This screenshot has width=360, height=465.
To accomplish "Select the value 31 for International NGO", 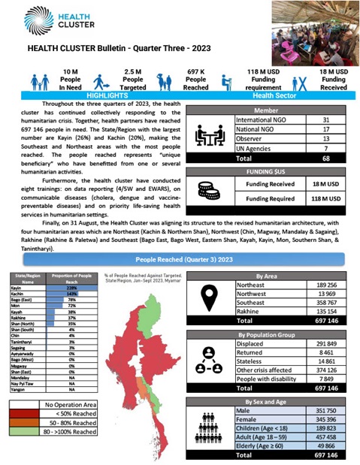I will tap(325, 119).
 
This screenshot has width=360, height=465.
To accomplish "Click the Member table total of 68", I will tap(325, 159).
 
